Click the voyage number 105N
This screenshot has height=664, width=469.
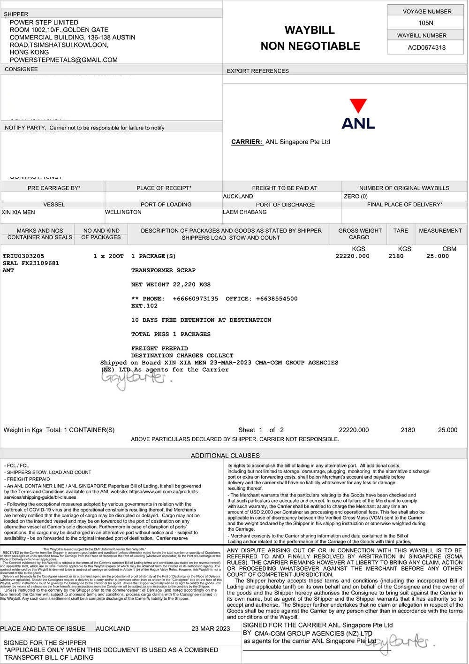[x=426, y=23]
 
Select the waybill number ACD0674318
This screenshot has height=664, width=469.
[x=426, y=47]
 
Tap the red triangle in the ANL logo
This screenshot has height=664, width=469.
[x=358, y=106]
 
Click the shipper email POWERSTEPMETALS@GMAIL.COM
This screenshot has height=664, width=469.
[x=63, y=60]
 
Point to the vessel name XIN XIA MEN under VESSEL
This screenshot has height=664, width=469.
[x=18, y=213]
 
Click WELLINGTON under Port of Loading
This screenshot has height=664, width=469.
[x=123, y=213]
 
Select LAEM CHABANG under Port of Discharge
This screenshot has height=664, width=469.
[x=245, y=213]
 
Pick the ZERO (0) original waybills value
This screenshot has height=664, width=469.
[x=356, y=197]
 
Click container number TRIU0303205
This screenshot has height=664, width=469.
[x=23, y=256]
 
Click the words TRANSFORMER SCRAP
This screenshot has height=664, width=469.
[x=163, y=271]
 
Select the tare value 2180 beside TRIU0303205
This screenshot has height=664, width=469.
[x=396, y=256]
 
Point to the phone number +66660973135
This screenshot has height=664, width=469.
[x=196, y=299]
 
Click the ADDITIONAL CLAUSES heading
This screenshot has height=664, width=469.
[x=225, y=456]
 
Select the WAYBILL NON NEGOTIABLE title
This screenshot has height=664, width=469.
[x=310, y=38]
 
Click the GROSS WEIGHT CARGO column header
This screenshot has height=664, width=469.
[x=360, y=234]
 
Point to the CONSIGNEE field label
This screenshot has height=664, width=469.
[x=21, y=69]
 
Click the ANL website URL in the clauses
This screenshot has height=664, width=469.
[x=164, y=492]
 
